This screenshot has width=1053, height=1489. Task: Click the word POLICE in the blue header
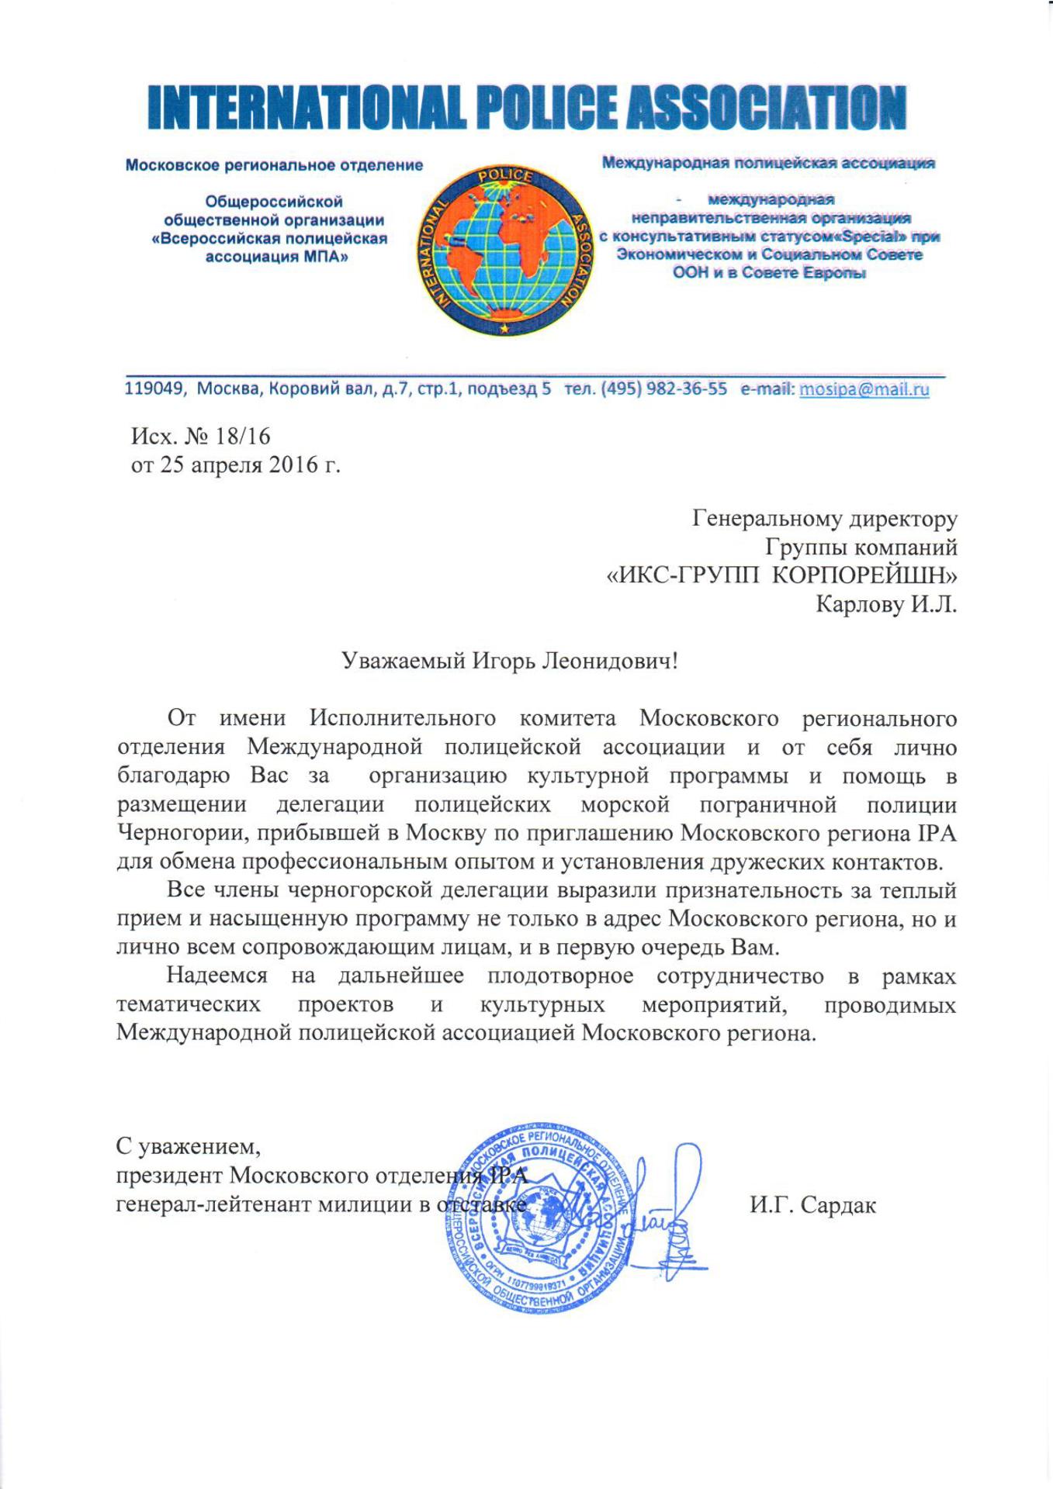click(x=541, y=107)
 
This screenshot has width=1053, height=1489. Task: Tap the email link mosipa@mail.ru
click(x=864, y=389)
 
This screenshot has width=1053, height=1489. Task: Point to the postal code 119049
click(x=155, y=389)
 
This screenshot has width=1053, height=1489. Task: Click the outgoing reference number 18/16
click(x=244, y=437)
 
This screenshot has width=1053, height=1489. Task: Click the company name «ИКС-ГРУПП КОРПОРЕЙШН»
click(x=781, y=576)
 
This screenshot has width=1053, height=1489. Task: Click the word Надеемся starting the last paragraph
click(x=217, y=976)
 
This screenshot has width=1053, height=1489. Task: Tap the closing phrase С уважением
click(x=183, y=1145)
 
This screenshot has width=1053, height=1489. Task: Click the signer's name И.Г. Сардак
click(x=812, y=1205)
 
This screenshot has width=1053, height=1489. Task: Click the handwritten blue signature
click(x=670, y=1210)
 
